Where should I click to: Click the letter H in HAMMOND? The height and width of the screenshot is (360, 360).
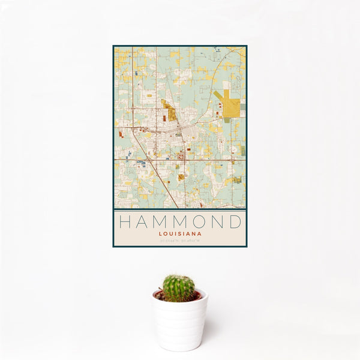click(x=124, y=222)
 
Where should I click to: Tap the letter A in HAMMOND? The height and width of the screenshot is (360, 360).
click(x=142, y=222)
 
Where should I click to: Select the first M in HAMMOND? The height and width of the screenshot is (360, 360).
click(x=161, y=222)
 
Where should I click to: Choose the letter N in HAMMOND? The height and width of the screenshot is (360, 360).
click(x=220, y=222)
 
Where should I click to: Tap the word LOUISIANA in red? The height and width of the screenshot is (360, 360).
click(x=180, y=234)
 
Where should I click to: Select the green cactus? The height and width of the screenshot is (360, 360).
click(x=179, y=288)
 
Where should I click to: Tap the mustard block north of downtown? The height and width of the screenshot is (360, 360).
click(x=170, y=112)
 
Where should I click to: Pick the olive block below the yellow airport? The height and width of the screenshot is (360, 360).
click(x=227, y=120)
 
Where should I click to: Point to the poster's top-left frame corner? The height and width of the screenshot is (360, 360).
click(x=113, y=46)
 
